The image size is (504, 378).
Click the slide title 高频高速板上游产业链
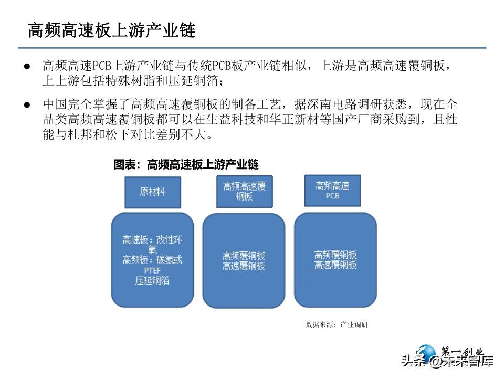(111, 30)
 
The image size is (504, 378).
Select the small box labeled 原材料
(152, 192)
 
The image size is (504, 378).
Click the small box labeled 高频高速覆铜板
(244, 192)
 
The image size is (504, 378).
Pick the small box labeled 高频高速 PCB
(332, 191)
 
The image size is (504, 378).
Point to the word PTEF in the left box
(152, 270)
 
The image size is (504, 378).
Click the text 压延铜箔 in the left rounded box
(152, 280)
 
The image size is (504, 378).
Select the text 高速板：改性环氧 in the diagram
(152, 244)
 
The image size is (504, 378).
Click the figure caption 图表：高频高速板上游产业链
(186, 164)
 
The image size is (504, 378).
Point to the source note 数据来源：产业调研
(337, 324)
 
